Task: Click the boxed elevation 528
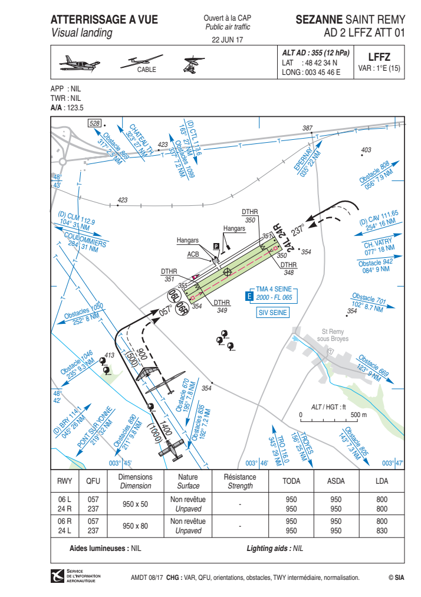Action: [94, 123]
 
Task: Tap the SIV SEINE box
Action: [272, 313]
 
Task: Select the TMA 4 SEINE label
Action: [274, 289]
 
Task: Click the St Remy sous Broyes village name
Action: [333, 335]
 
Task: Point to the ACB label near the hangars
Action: [193, 254]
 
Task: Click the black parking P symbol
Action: [216, 247]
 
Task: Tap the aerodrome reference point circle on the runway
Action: [227, 272]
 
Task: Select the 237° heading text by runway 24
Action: [298, 230]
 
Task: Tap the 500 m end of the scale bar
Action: [358, 421]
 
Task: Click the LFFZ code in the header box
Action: [379, 57]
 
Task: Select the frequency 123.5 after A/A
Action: [75, 108]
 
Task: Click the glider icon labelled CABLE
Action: [142, 62]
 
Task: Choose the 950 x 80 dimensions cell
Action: [135, 526]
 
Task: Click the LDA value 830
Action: [382, 531]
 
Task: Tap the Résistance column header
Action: [240, 477]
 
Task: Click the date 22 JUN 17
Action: [227, 40]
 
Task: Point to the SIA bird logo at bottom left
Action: [57, 576]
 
